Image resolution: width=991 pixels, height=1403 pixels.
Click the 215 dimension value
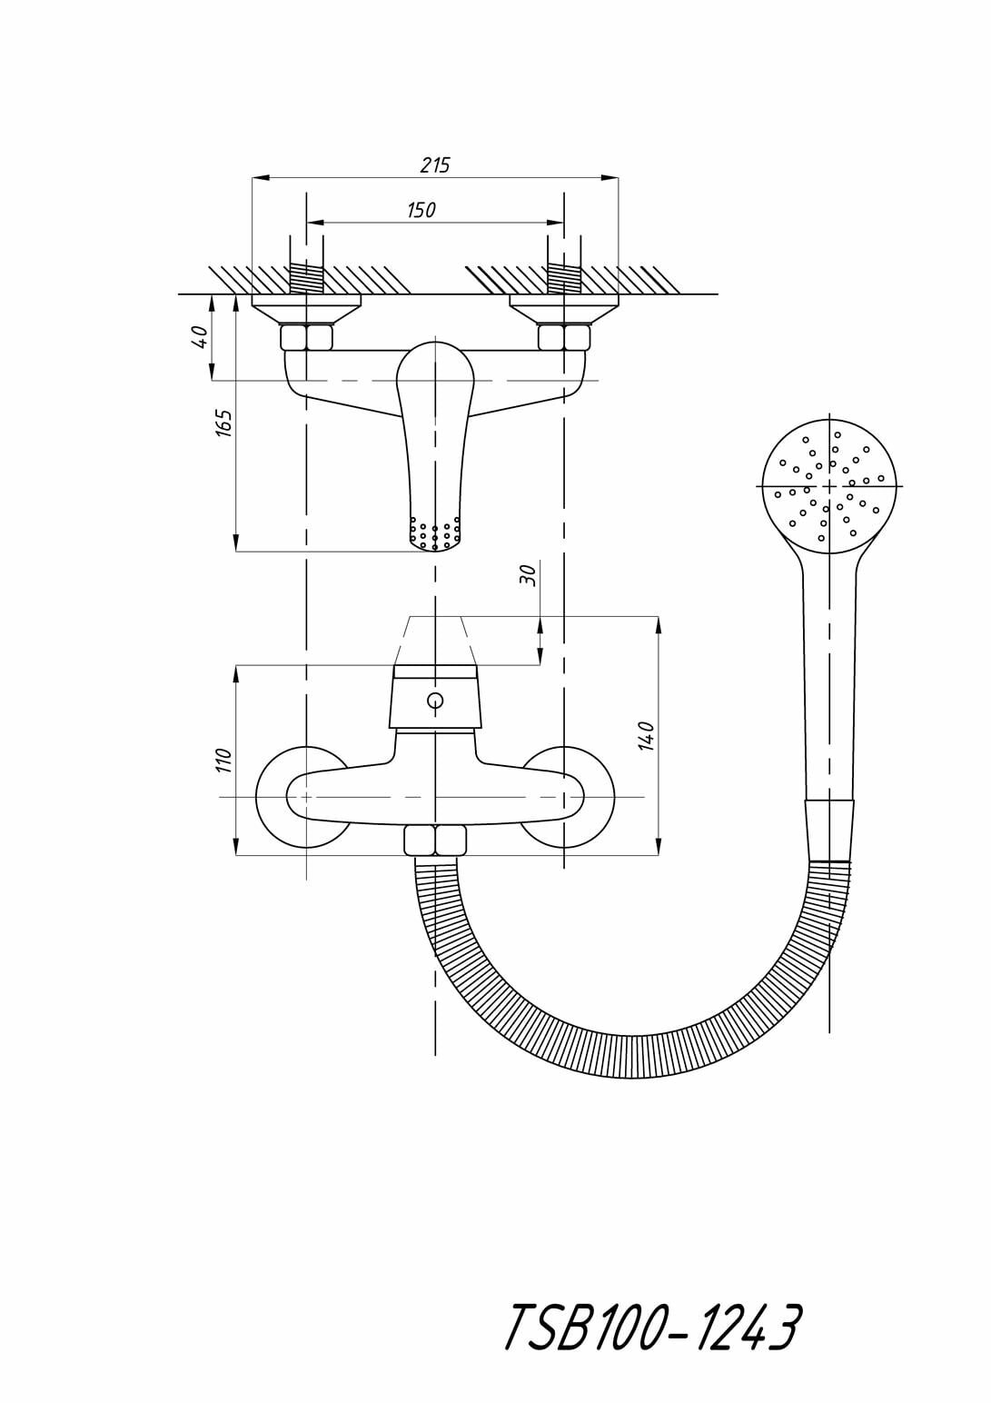(435, 165)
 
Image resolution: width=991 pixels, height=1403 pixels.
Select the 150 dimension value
(421, 210)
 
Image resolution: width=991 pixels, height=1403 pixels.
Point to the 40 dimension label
(203, 336)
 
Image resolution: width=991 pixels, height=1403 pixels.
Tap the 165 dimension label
(224, 423)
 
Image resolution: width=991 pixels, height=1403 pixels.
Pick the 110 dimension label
(224, 761)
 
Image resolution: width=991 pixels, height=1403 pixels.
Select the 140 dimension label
(646, 735)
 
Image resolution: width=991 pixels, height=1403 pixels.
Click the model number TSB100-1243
(651, 1328)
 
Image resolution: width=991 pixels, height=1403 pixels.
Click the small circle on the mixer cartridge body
(435, 700)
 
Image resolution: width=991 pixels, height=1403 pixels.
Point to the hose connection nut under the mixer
(434, 841)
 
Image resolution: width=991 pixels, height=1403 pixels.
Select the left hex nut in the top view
(306, 337)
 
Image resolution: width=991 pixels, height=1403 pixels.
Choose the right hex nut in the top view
(564, 337)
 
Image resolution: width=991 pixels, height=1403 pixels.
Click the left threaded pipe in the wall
(306, 279)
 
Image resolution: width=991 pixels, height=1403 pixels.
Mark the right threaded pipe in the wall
(564, 279)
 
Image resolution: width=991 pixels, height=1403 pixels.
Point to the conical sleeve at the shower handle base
(829, 831)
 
